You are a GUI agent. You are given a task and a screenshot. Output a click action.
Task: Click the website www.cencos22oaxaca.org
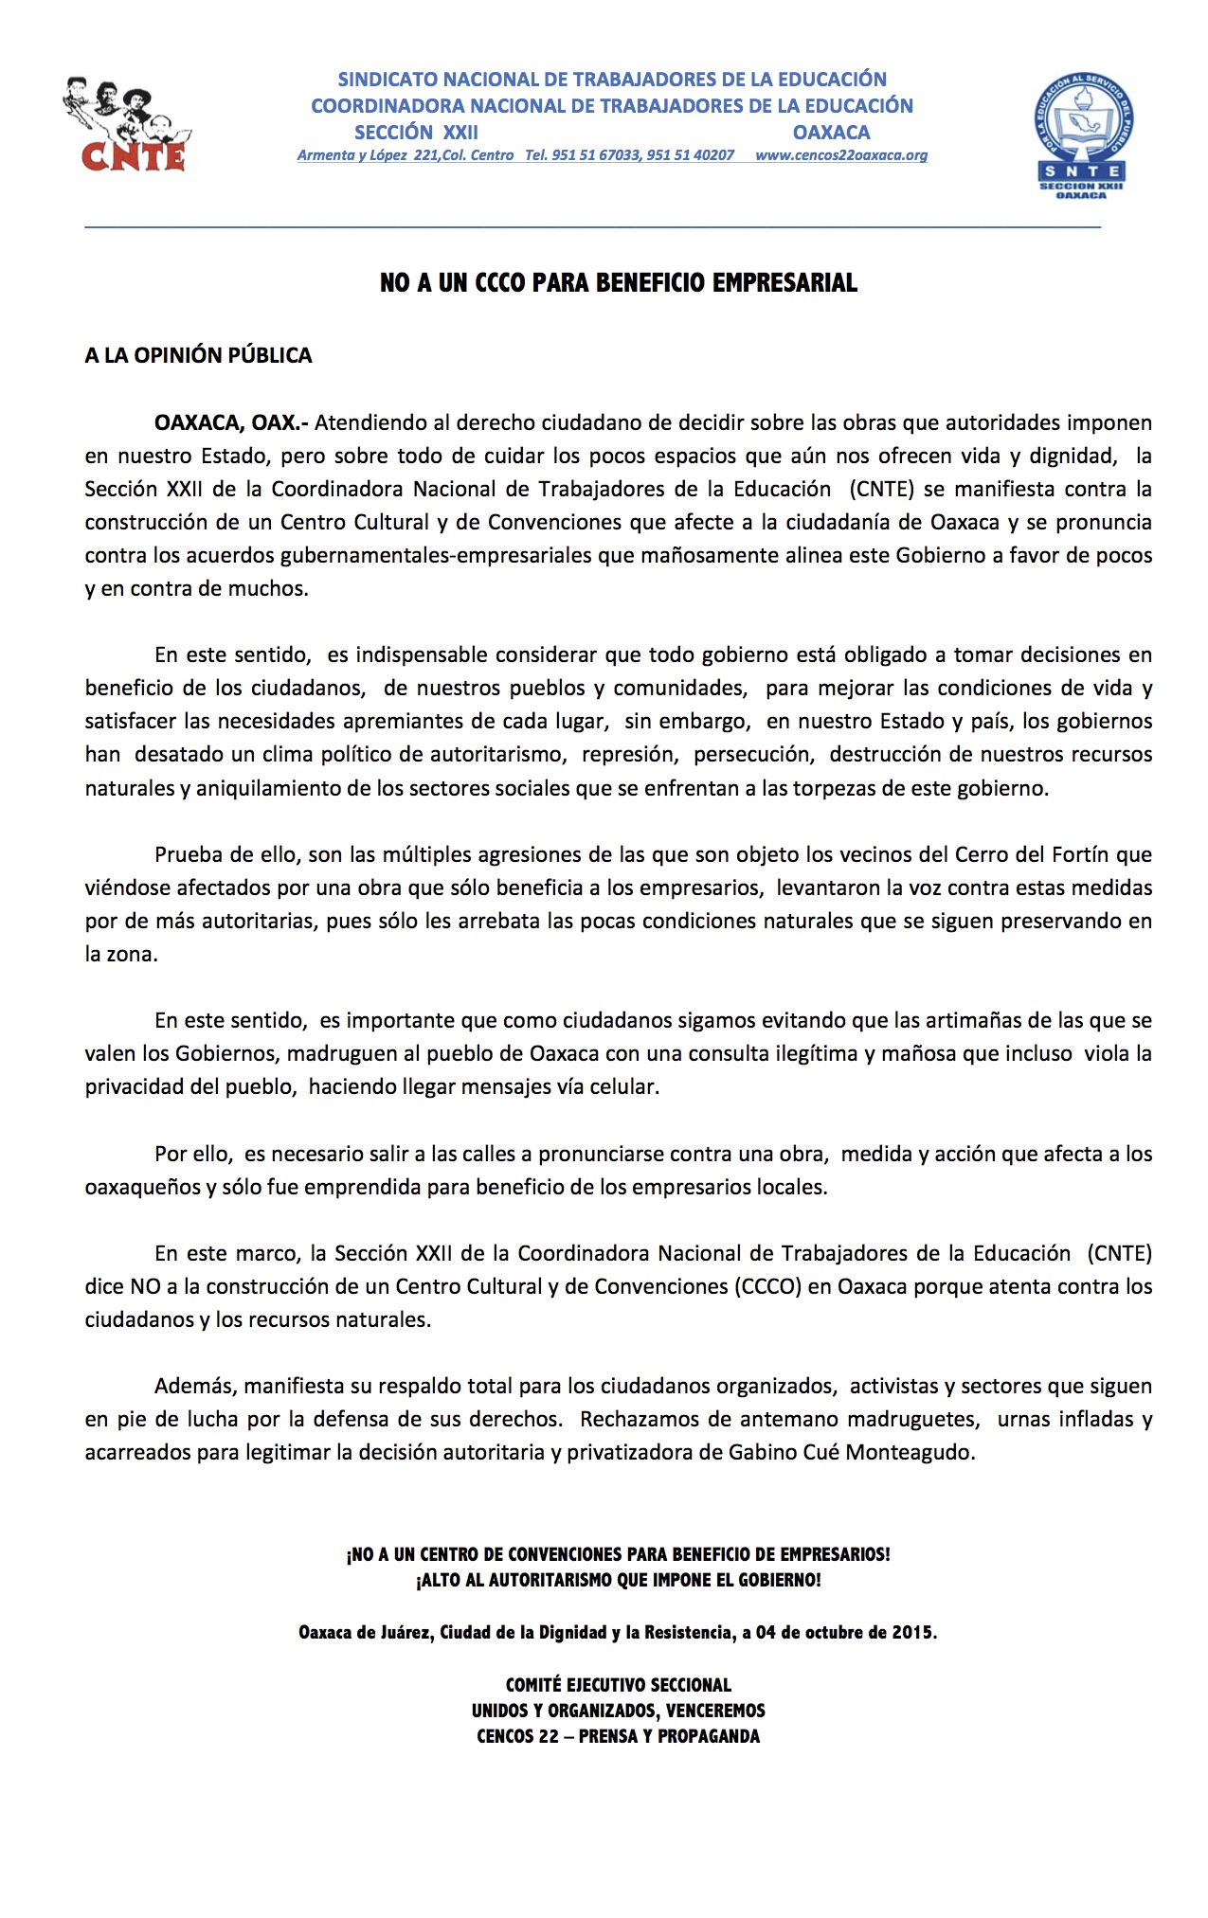[x=841, y=155]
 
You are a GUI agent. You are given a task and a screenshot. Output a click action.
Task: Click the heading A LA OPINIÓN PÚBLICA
[x=198, y=355]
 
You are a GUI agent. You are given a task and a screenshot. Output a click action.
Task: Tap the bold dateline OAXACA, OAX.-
[x=231, y=422]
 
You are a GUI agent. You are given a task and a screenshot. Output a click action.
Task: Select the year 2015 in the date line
[x=912, y=1632]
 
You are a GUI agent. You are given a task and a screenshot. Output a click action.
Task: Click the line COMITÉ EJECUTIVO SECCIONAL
[x=618, y=1685]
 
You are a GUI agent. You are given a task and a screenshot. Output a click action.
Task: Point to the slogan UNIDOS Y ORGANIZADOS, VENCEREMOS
[x=618, y=1711]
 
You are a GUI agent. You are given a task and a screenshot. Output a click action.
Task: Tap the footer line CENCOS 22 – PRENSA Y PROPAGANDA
[x=618, y=1736]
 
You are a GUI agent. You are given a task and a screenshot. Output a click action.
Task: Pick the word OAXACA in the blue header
[x=831, y=133]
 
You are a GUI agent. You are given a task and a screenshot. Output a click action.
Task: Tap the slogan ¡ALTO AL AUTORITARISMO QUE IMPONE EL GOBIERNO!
[x=618, y=1580]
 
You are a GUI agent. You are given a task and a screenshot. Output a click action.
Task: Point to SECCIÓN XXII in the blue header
[x=416, y=133]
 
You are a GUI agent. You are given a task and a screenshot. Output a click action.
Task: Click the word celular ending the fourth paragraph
[x=623, y=1086]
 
